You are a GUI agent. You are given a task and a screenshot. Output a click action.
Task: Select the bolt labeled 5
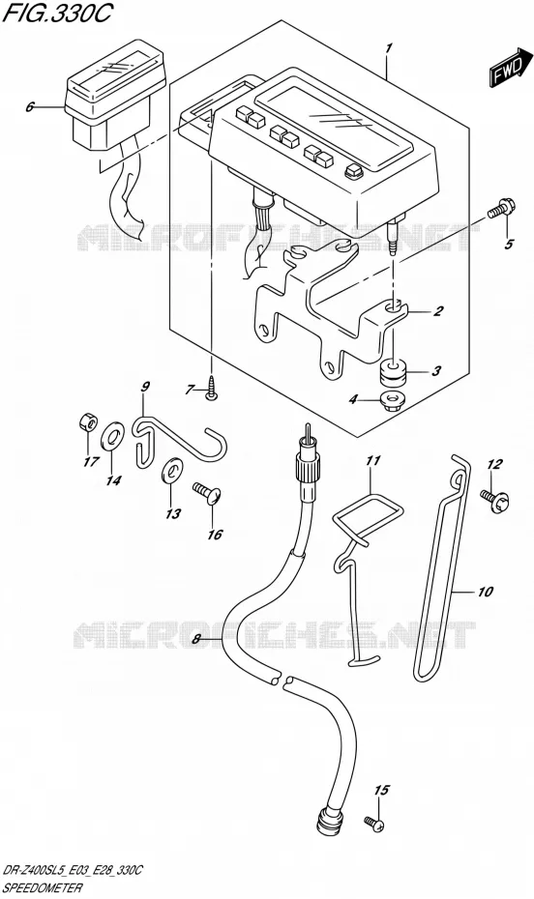point(502,209)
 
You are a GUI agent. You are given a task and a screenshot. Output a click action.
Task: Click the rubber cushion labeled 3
point(393,373)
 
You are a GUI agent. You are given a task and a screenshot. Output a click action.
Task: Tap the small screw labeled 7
point(211,391)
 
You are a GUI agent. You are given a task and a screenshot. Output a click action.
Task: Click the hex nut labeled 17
point(88,423)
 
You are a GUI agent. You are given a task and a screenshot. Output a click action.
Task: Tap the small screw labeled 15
point(373,824)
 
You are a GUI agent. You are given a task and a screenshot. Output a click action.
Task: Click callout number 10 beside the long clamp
point(485,591)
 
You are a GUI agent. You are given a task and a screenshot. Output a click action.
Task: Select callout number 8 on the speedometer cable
point(196,639)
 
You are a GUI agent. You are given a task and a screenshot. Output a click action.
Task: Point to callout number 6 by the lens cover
point(30,106)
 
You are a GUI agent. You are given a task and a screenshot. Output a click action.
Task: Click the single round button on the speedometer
point(353,172)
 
